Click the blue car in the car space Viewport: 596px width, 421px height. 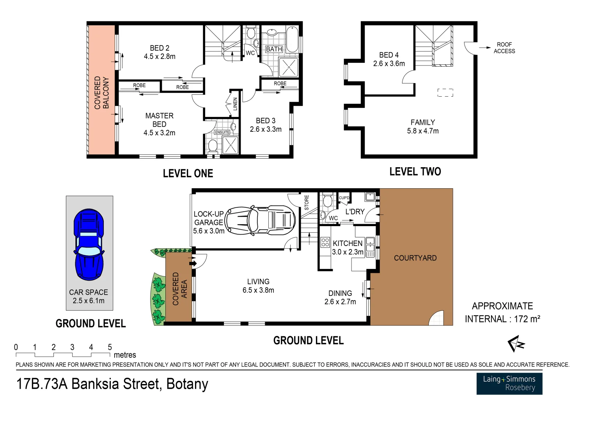click(89, 244)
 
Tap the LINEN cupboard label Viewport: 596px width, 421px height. click(235, 104)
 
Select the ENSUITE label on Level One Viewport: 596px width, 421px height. click(222, 133)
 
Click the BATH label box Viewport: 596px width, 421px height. click(274, 49)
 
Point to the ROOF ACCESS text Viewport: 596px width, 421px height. click(504, 48)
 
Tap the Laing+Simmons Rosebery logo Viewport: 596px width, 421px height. click(509, 384)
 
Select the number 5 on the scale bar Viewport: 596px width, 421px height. click(110, 347)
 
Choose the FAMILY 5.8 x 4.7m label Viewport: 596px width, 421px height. click(423, 127)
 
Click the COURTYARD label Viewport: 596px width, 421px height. click(415, 258)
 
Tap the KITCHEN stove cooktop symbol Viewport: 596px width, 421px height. click(325, 242)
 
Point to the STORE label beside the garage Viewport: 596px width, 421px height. click(307, 203)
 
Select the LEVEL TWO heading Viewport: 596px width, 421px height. click(415, 172)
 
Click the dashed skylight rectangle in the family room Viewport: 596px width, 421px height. click(445, 93)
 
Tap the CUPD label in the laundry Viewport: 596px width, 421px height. click(344, 198)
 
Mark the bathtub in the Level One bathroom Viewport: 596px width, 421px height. click(292, 39)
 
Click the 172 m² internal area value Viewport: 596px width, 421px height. click(527, 319)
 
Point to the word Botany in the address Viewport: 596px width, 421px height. click(187, 384)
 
